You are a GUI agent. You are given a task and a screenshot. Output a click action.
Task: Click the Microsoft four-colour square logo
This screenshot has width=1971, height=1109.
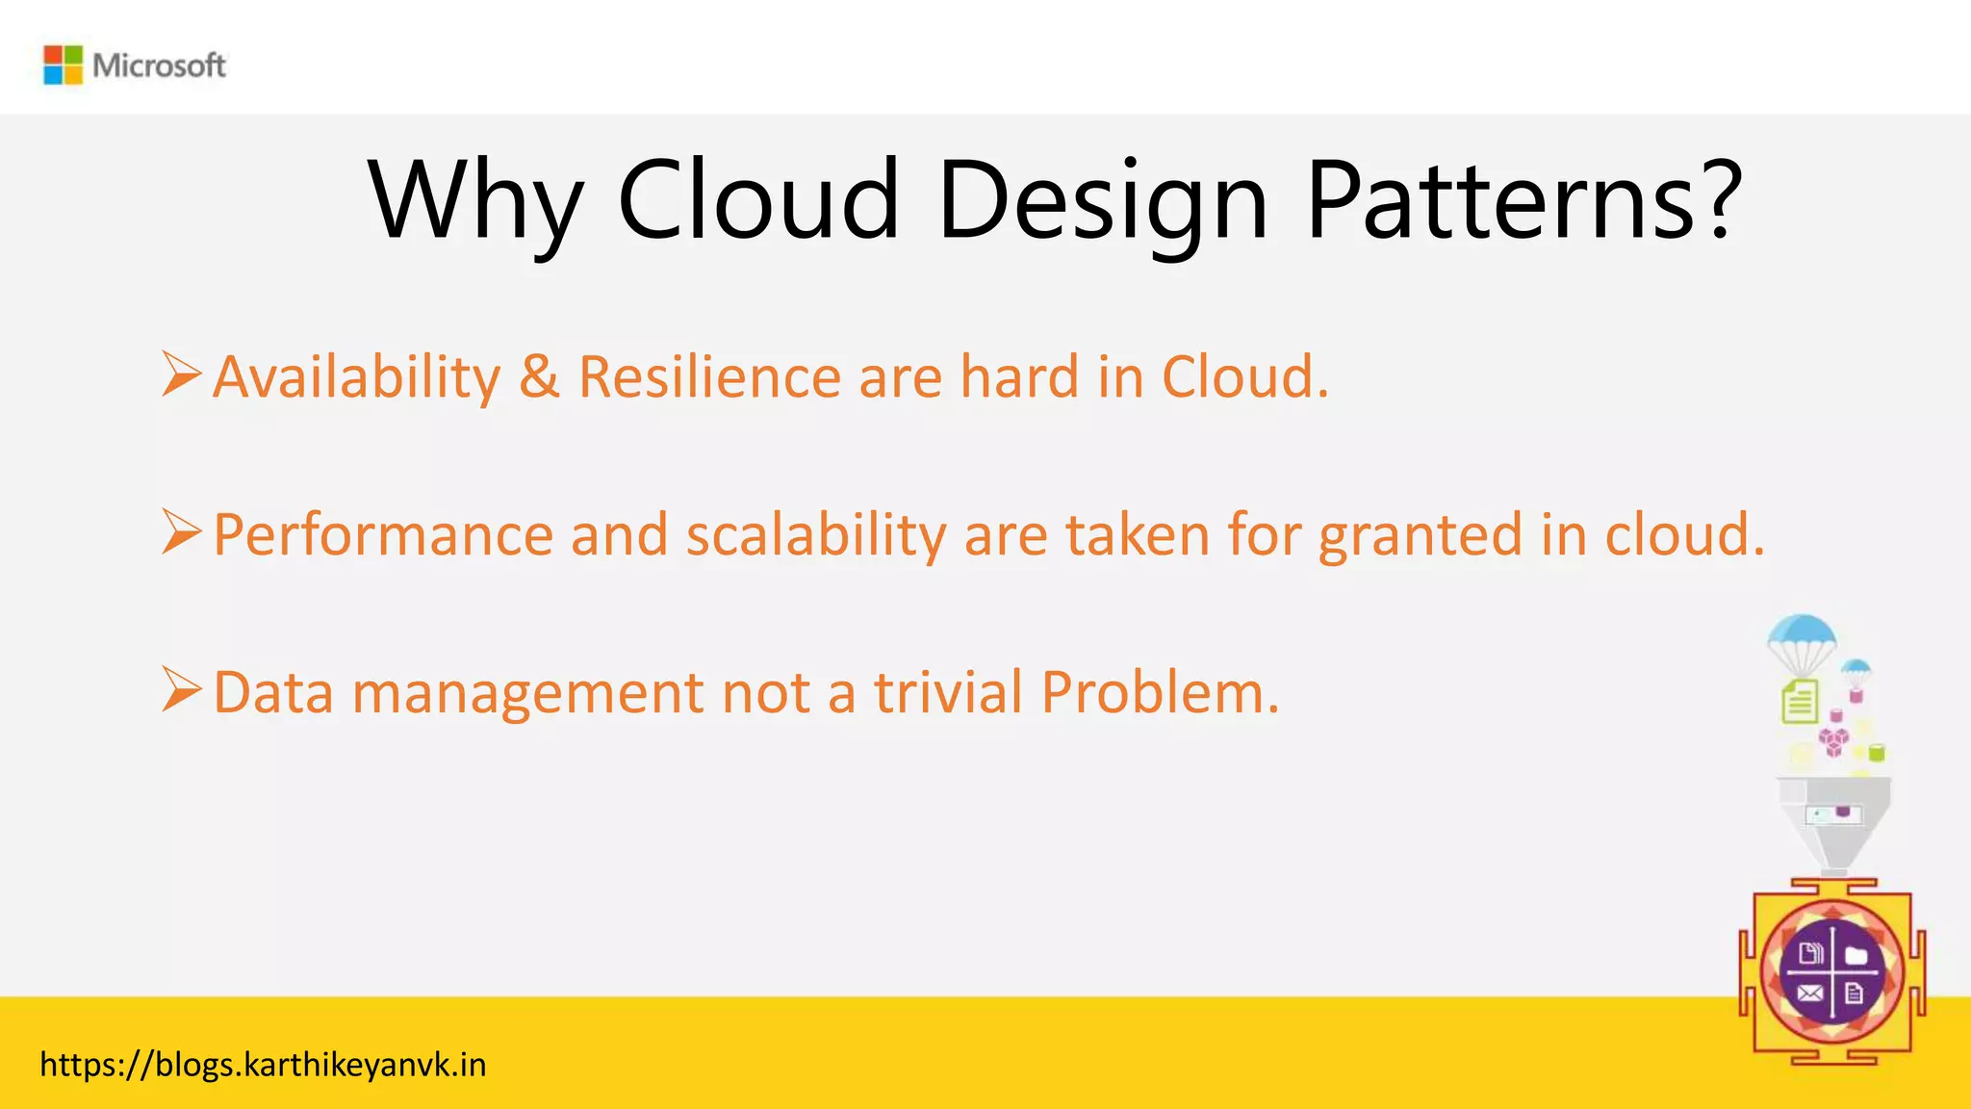[64, 65]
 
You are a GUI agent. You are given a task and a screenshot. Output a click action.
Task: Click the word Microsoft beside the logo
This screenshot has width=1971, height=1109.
[160, 65]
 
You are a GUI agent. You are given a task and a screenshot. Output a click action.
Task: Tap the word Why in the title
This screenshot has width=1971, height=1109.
[475, 200]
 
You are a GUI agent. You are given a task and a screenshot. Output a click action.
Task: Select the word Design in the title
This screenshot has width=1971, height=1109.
[1103, 200]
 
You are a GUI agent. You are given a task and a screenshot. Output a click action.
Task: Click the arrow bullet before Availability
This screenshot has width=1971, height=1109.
[181, 374]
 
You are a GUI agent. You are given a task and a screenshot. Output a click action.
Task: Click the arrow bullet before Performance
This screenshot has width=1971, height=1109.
[181, 532]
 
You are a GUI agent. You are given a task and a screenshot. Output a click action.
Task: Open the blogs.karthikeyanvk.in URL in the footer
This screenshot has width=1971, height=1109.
[263, 1065]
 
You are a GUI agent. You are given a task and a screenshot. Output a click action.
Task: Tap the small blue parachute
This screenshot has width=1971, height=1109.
[1856, 668]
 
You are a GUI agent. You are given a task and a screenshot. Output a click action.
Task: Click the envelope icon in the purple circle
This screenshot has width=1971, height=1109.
[1809, 993]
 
